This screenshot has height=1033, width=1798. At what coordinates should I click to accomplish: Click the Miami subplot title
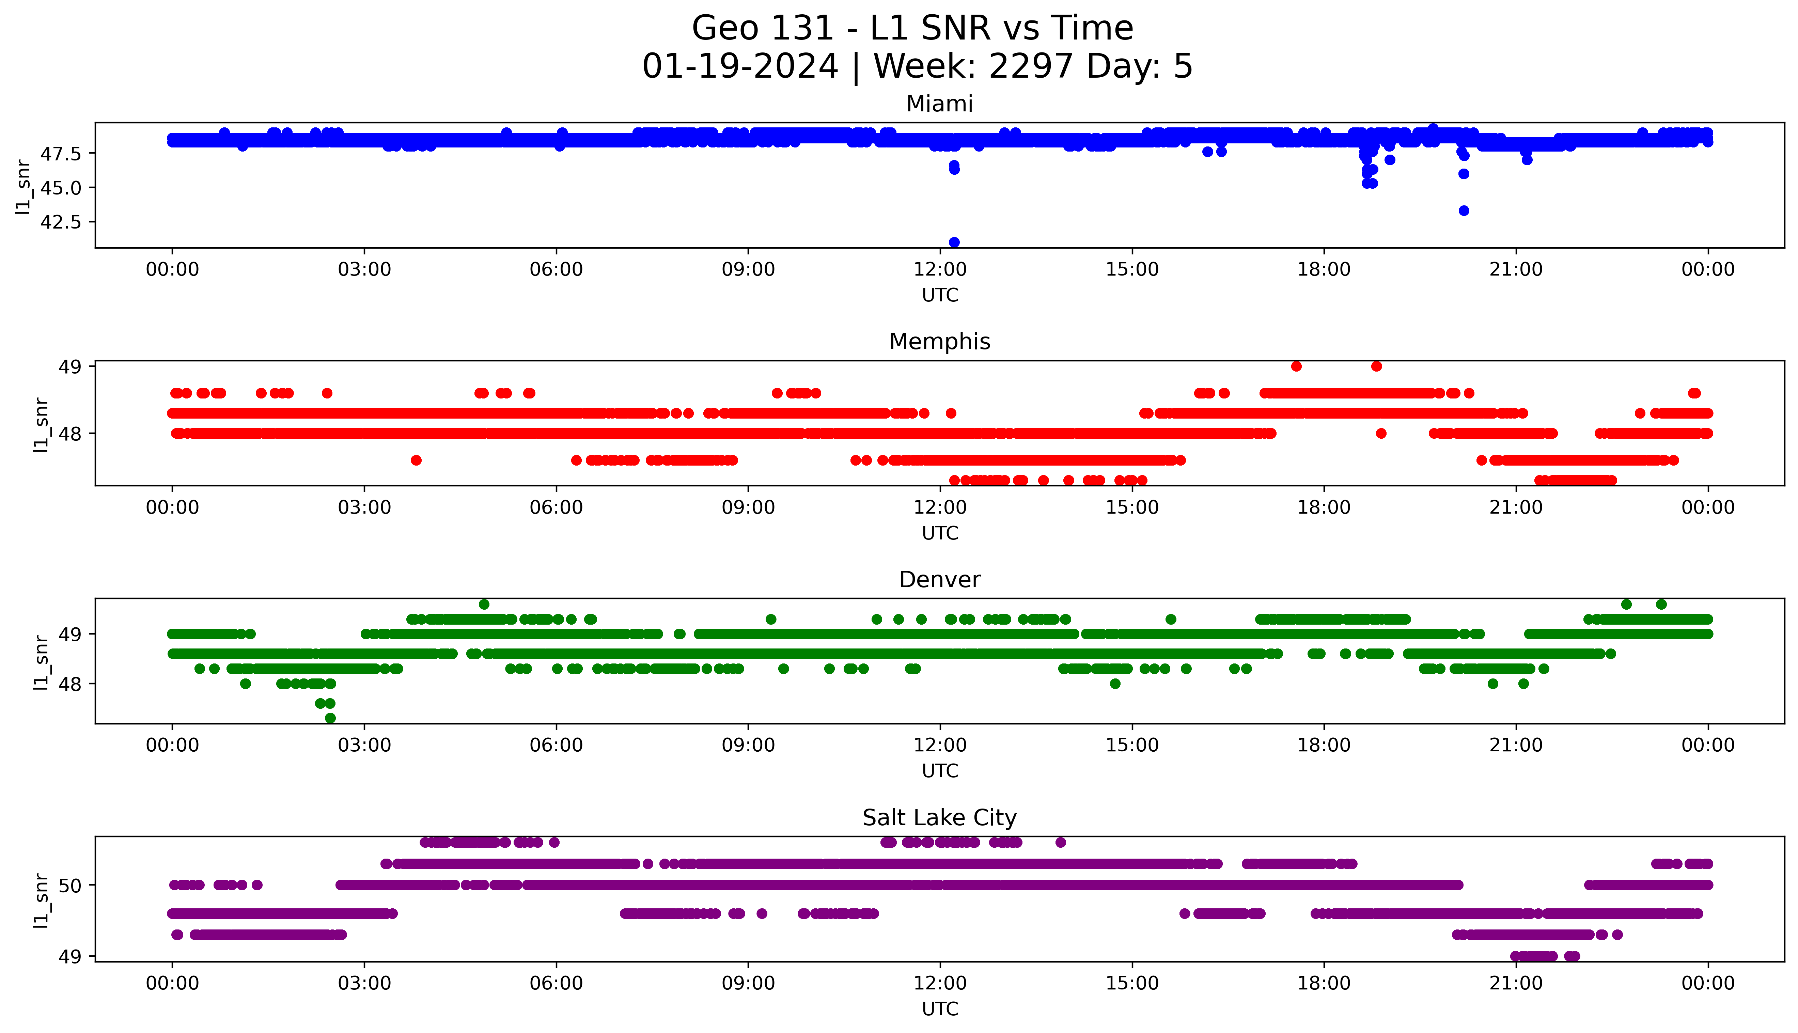(939, 104)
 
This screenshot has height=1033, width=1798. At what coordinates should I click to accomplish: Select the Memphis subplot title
(939, 342)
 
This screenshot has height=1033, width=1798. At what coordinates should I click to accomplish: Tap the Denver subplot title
(939, 580)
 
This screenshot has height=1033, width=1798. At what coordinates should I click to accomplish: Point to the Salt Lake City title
(939, 818)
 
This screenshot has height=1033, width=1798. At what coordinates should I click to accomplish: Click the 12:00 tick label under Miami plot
(940, 270)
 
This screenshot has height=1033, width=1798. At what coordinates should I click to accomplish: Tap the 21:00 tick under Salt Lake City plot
(1516, 983)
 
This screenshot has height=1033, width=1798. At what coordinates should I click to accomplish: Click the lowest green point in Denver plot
(330, 718)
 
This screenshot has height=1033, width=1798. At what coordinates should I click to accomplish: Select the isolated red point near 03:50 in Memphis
(416, 460)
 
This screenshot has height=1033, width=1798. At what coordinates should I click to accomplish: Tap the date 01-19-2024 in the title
(740, 67)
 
